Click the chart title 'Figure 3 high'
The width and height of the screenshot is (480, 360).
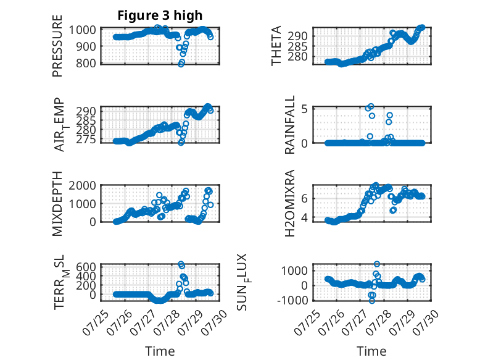[x=160, y=15]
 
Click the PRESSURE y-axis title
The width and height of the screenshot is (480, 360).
[x=57, y=46]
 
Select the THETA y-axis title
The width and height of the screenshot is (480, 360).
[x=276, y=46]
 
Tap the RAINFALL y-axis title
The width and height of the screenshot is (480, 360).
[x=289, y=124]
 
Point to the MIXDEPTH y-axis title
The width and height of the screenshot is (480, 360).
[x=57, y=203]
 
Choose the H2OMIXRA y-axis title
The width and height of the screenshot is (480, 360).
[x=289, y=203]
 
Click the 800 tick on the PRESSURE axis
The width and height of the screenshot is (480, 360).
[x=86, y=63]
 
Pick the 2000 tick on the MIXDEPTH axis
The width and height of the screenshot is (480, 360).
[x=82, y=185]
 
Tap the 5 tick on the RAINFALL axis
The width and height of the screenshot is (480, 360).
[x=304, y=109]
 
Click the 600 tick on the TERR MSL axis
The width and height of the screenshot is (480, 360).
[x=86, y=266]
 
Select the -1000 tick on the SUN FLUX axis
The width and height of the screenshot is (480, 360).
[x=292, y=300]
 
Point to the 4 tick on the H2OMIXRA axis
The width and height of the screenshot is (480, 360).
[x=304, y=217]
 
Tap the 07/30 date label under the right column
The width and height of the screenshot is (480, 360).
[x=426, y=323]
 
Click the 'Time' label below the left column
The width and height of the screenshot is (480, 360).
[x=160, y=351]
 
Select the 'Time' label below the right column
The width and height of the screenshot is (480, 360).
[x=371, y=351]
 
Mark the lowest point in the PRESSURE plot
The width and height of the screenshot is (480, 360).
[x=181, y=64]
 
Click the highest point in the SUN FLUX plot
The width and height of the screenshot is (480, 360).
[x=377, y=264]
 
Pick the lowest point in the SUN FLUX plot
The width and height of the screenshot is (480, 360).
[x=372, y=301]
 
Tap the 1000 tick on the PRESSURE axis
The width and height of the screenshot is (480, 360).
[x=82, y=30]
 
